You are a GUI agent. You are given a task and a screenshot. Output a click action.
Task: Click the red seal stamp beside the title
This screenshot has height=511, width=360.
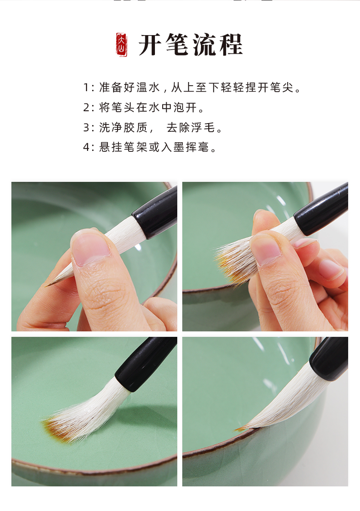[122, 45]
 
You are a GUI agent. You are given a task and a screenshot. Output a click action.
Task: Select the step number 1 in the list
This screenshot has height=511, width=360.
[87, 88]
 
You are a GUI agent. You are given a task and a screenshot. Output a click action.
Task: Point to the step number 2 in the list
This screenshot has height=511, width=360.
[87, 108]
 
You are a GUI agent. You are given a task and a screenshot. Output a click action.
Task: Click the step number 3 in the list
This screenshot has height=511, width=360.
[87, 128]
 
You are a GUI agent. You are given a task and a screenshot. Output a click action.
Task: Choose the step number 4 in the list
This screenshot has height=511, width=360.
[87, 148]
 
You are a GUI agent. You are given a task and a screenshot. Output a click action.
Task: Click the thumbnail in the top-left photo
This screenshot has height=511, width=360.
[90, 248]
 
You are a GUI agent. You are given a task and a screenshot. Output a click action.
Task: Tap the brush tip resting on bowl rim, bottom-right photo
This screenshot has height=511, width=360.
[242, 428]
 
